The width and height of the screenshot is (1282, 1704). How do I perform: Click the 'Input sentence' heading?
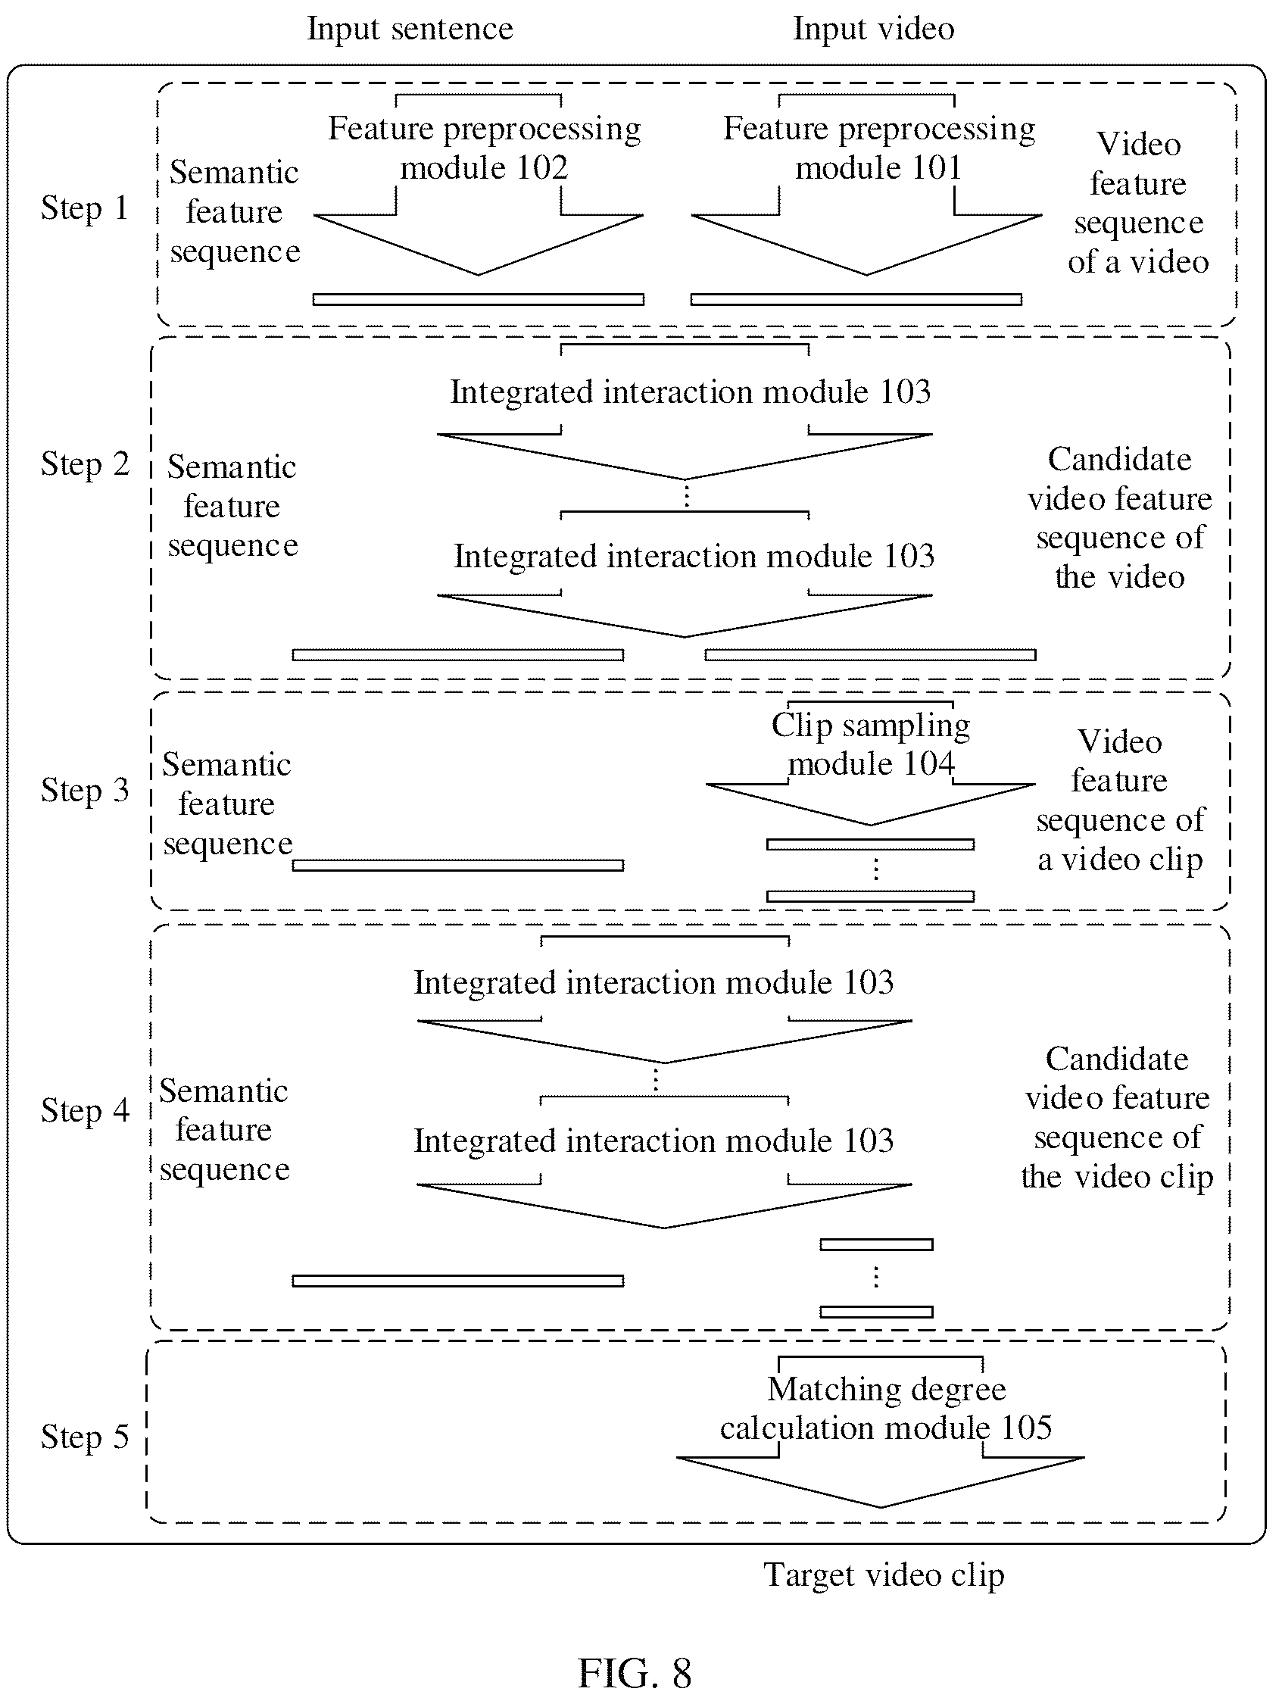(x=410, y=30)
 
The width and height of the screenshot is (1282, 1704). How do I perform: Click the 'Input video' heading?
(x=874, y=30)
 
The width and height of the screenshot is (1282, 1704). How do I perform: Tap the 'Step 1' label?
(x=85, y=208)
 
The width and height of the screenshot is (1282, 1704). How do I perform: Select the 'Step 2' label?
(x=85, y=464)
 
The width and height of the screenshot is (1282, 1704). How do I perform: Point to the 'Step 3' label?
(x=85, y=791)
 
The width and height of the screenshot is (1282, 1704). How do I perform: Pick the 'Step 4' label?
(x=85, y=1111)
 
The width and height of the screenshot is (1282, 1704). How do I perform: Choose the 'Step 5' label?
(x=85, y=1437)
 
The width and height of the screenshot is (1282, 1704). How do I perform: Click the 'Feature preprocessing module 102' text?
(x=485, y=148)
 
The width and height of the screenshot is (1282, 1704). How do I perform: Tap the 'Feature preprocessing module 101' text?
(x=879, y=148)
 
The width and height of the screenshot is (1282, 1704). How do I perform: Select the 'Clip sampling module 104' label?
(x=871, y=745)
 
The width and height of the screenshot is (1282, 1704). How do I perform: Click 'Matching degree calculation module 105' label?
(x=886, y=1409)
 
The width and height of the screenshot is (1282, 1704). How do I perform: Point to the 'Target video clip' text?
(x=884, y=1576)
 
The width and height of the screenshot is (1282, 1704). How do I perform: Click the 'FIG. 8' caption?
(x=635, y=1673)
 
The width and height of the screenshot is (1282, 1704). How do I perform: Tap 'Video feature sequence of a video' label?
(x=1138, y=203)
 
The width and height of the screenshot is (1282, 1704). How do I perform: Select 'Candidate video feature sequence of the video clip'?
(x=1117, y=1118)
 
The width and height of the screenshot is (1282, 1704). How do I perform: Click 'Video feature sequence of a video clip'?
(x=1119, y=801)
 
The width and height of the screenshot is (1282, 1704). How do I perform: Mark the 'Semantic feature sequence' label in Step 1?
(x=234, y=212)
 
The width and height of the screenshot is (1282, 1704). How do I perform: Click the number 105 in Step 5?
(x=1026, y=1428)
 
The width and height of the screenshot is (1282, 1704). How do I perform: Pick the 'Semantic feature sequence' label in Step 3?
(x=227, y=804)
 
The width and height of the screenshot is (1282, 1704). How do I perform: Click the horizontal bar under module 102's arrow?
(x=479, y=300)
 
